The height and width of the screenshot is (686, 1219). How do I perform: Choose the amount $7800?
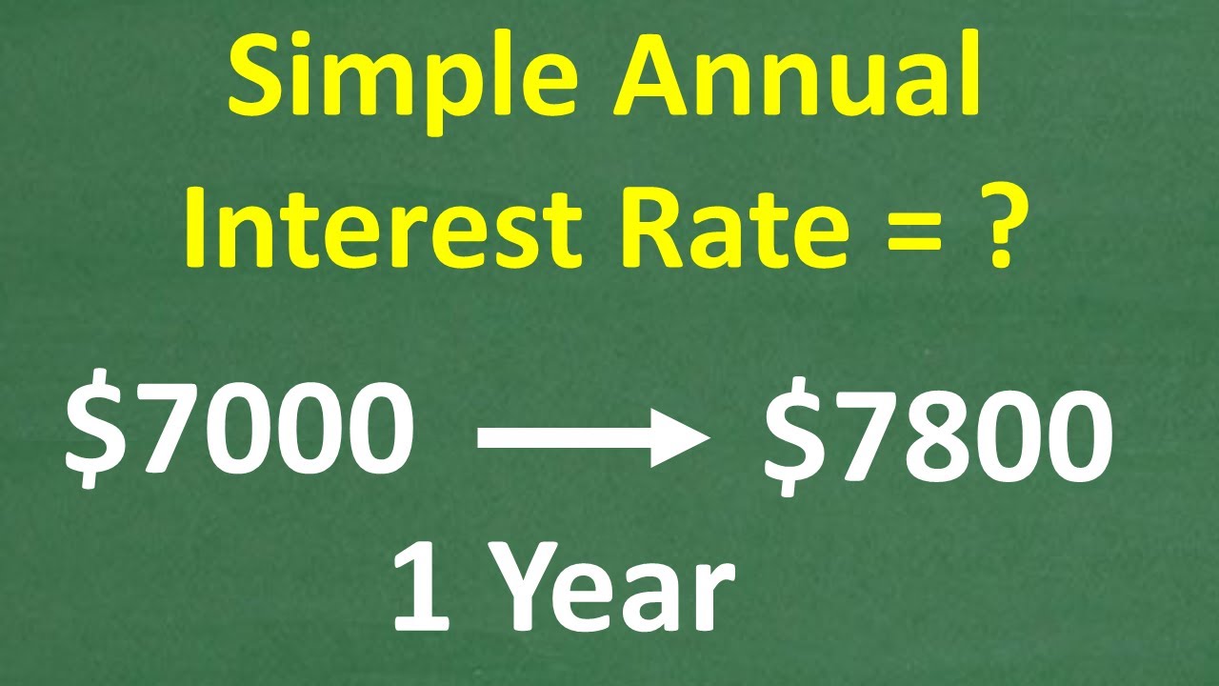938,439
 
